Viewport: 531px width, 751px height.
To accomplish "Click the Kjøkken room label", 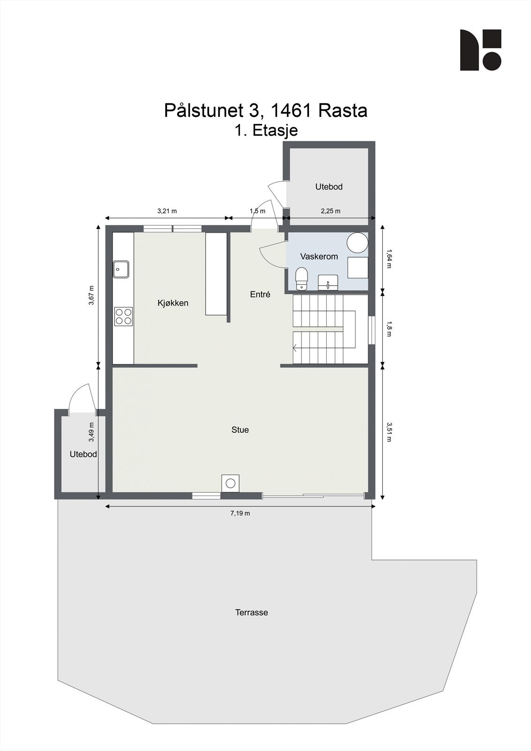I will point(173,303).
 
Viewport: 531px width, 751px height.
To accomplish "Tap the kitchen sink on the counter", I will point(121,269).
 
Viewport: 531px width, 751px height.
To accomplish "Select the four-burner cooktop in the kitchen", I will point(123,316).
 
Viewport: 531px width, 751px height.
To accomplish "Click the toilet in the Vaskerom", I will point(301,279).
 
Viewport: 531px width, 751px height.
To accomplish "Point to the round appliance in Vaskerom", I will point(357,242).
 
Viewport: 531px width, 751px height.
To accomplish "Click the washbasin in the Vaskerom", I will point(327,283).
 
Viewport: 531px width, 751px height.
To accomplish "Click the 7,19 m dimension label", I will point(240,513).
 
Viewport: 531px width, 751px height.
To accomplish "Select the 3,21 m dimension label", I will point(167,211).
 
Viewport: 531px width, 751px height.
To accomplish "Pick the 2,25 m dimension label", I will point(331,211).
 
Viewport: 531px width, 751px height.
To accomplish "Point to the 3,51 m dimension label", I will point(389,432).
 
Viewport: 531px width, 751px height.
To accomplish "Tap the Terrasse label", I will point(252,613).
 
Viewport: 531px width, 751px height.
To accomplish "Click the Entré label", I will point(260,295).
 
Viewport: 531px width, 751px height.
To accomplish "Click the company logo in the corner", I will point(480,50).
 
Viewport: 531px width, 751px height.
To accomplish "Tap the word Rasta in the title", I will point(343,111).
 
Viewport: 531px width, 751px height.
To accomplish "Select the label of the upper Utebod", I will point(329,187).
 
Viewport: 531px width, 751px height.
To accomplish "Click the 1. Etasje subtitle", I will point(266,130).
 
